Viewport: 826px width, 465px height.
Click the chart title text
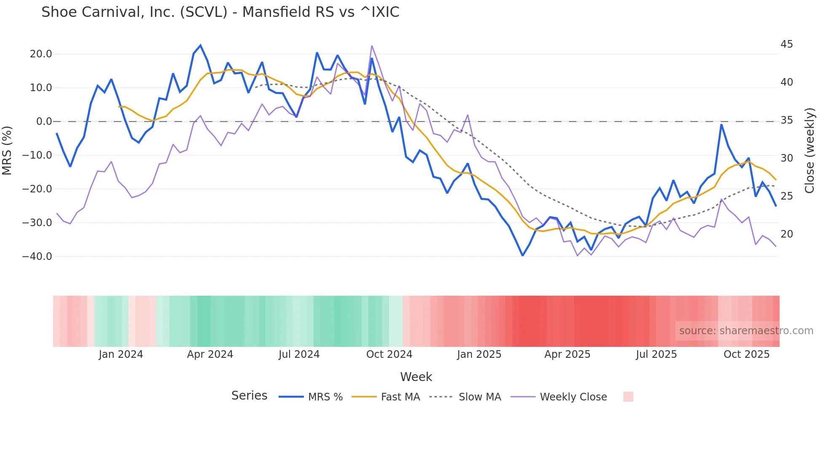tap(220, 12)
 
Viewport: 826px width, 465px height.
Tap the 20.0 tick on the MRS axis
tap(41, 54)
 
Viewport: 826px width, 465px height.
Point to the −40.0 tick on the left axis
tap(37, 257)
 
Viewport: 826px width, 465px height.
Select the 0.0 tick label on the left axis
tap(44, 122)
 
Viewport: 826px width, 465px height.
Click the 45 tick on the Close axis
tap(786, 44)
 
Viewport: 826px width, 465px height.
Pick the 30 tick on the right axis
tap(786, 158)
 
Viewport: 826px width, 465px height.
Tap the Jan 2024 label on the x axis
tap(121, 354)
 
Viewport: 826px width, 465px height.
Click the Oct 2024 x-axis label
tap(389, 354)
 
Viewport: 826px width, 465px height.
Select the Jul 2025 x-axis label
tap(656, 354)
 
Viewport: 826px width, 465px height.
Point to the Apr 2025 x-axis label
tap(567, 354)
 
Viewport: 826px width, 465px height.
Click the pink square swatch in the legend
tap(628, 397)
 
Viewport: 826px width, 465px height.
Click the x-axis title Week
tap(416, 377)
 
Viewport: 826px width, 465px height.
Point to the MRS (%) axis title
tap(7, 150)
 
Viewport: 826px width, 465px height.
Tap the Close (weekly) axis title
tap(810, 150)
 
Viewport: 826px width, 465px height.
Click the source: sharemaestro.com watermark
tap(746, 331)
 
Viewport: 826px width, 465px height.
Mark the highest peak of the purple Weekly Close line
tap(372, 46)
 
